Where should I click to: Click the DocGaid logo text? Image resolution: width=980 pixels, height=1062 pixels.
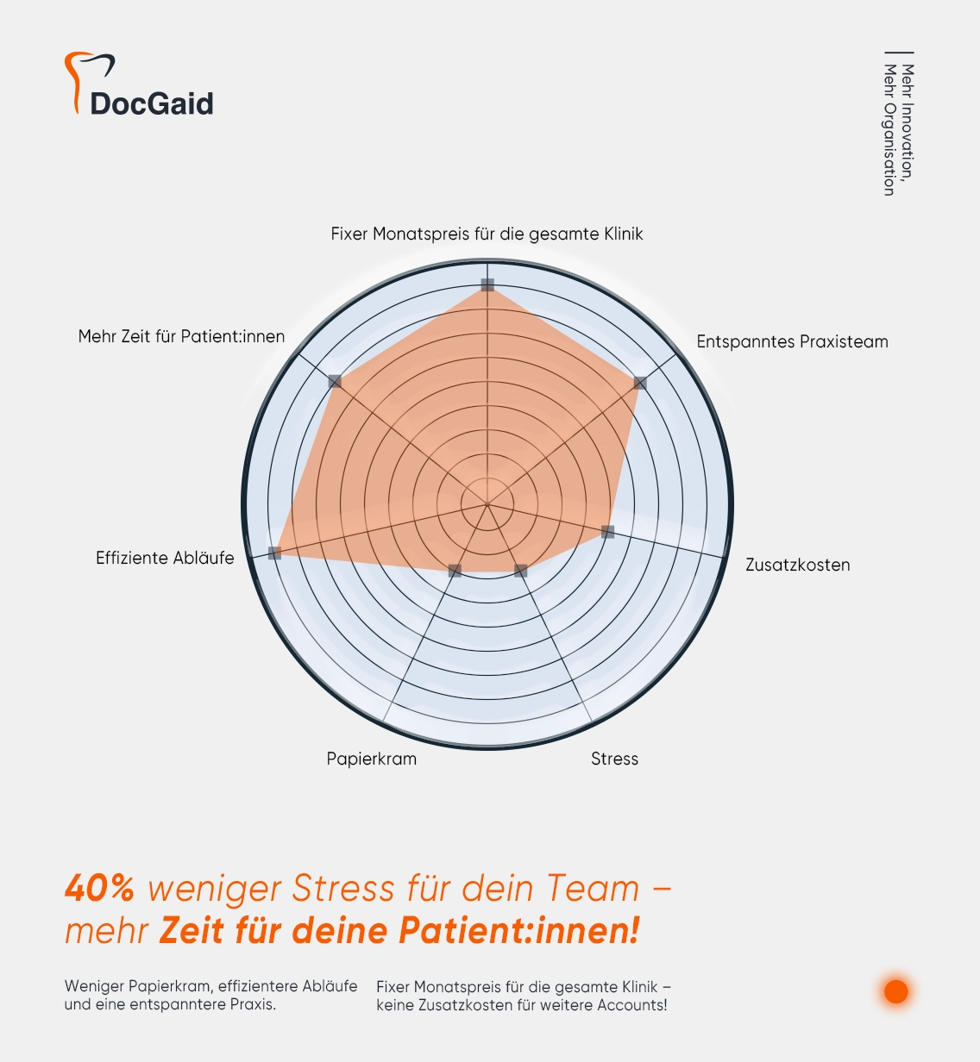click(152, 103)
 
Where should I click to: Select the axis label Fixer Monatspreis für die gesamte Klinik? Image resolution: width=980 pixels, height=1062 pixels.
click(487, 234)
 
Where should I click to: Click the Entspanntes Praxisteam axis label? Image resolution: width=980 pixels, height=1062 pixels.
click(792, 342)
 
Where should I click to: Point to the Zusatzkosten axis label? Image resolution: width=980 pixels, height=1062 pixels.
click(797, 565)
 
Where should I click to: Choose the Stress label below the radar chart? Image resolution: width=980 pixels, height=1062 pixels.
click(614, 759)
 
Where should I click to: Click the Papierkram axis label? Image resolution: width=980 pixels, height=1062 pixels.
click(371, 759)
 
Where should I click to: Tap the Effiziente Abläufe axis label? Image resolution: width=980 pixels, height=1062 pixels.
click(165, 559)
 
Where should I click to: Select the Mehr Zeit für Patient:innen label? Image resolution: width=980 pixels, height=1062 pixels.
click(181, 337)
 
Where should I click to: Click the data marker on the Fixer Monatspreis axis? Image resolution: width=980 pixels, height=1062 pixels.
click(487, 284)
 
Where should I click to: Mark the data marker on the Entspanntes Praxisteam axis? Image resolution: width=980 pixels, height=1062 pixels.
click(639, 383)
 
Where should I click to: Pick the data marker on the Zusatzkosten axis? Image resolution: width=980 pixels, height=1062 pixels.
click(607, 532)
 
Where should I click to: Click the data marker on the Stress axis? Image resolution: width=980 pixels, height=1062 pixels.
click(520, 571)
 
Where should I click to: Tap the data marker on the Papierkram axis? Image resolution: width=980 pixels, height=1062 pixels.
click(455, 571)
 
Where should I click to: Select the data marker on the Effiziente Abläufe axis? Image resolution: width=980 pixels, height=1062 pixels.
click(274, 553)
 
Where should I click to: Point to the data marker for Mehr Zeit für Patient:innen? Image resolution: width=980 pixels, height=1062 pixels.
click(336, 381)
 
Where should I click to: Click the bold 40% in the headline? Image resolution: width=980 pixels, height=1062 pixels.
click(99, 889)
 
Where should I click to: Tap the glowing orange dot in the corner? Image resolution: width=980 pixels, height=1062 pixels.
click(896, 991)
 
